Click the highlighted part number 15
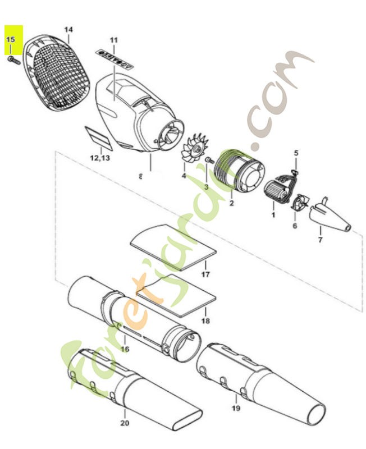coord(11,40)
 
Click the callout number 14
coord(68,29)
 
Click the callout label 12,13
coord(100,158)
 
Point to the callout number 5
coord(296,152)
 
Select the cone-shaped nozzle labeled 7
coord(331,216)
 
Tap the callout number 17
coord(205,274)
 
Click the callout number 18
coord(205,321)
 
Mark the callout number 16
coord(125,349)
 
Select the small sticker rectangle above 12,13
coord(99,136)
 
